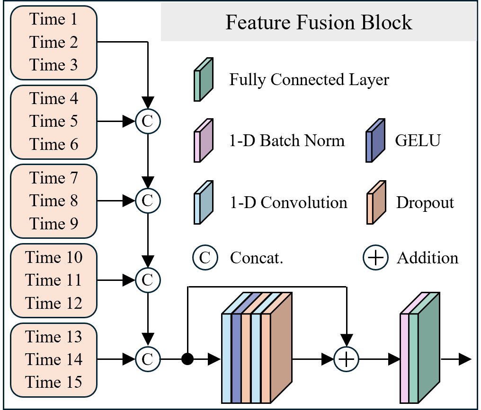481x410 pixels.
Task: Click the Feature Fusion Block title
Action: click(x=319, y=23)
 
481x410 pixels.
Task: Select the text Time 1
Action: click(x=53, y=19)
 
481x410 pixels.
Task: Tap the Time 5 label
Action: click(x=53, y=122)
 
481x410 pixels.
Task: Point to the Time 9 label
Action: click(x=53, y=224)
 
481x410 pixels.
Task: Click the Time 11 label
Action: click(x=53, y=280)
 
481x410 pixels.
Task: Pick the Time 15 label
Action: click(x=53, y=382)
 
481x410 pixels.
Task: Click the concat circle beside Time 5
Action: click(x=148, y=122)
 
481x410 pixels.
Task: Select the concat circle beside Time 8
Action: click(x=148, y=201)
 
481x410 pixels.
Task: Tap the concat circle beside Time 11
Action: click(x=148, y=280)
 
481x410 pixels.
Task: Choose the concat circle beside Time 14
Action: click(x=148, y=360)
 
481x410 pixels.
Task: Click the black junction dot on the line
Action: click(x=188, y=360)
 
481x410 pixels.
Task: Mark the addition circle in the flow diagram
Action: click(x=347, y=360)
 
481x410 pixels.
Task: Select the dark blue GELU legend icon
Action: click(x=375, y=140)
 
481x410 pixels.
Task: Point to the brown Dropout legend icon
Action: click(x=375, y=202)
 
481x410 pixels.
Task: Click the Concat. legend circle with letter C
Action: click(x=205, y=258)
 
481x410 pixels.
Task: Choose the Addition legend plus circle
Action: click(x=375, y=258)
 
